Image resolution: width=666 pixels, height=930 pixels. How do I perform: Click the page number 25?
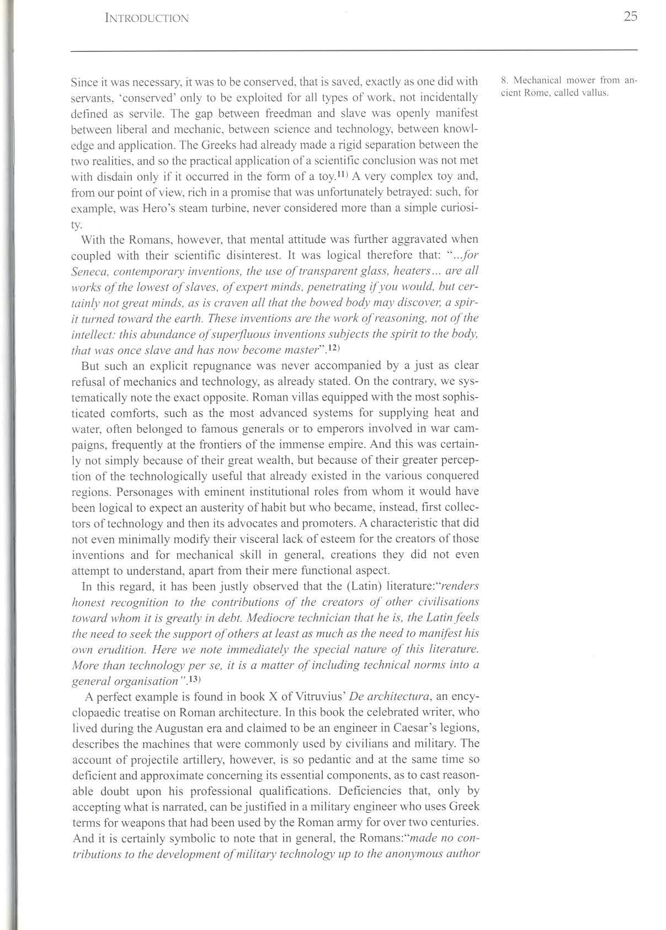(x=631, y=17)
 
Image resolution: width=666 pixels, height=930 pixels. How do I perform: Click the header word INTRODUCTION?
(x=147, y=18)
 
